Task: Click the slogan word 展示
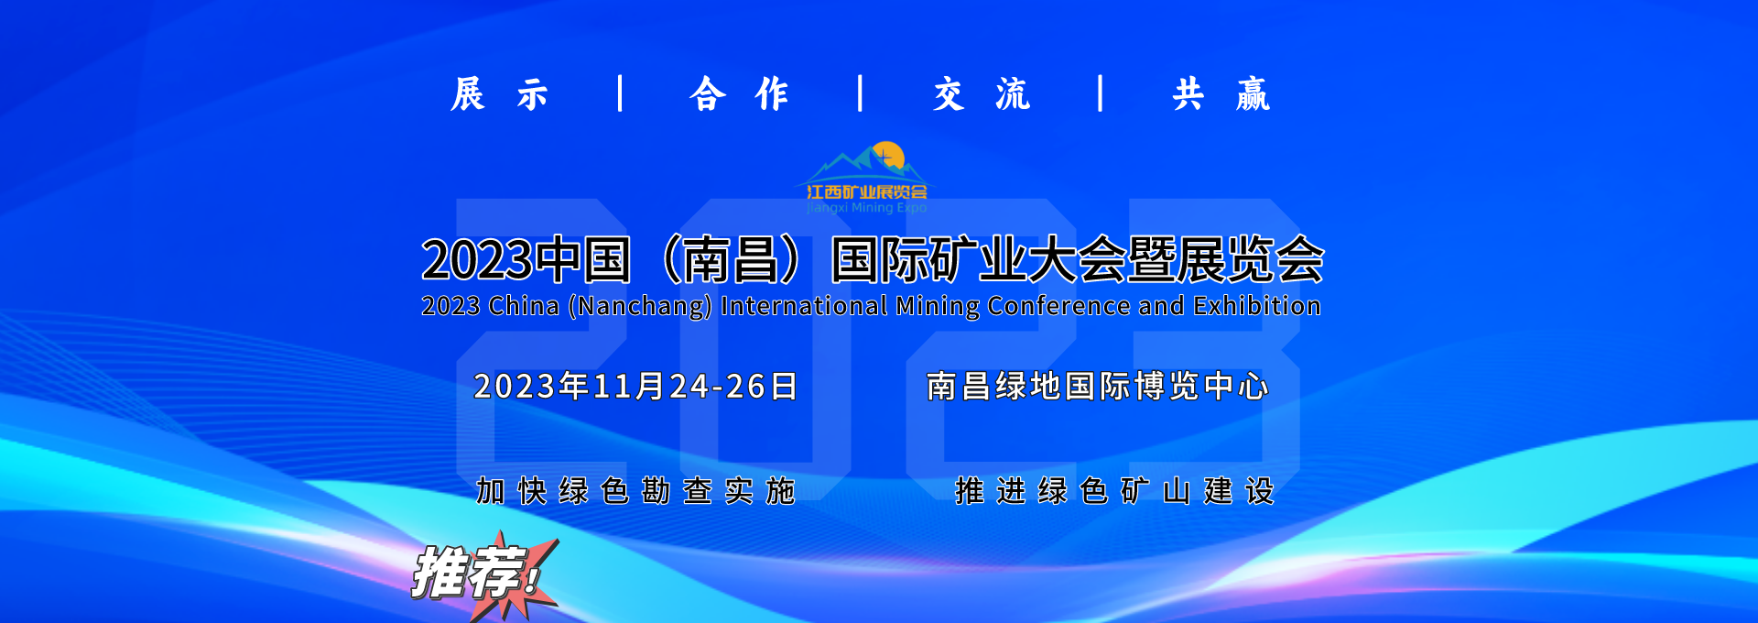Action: coord(499,94)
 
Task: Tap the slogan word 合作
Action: coord(739,94)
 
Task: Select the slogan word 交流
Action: coord(982,94)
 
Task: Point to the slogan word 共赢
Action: coord(1221,94)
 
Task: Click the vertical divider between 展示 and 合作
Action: coord(621,93)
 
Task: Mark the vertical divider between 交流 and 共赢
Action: coord(1101,93)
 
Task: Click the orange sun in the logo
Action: coord(888,156)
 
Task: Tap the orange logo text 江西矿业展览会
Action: coord(867,191)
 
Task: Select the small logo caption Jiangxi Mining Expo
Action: coord(867,208)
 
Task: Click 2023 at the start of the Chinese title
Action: coord(476,259)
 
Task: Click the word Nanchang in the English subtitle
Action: coord(640,306)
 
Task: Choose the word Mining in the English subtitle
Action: coord(938,306)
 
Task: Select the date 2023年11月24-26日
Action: coord(635,387)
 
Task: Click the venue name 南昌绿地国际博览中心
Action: coord(1097,387)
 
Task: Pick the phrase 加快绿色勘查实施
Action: coord(635,491)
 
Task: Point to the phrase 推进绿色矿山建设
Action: coord(1114,491)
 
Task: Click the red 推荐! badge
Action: coord(483,575)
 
